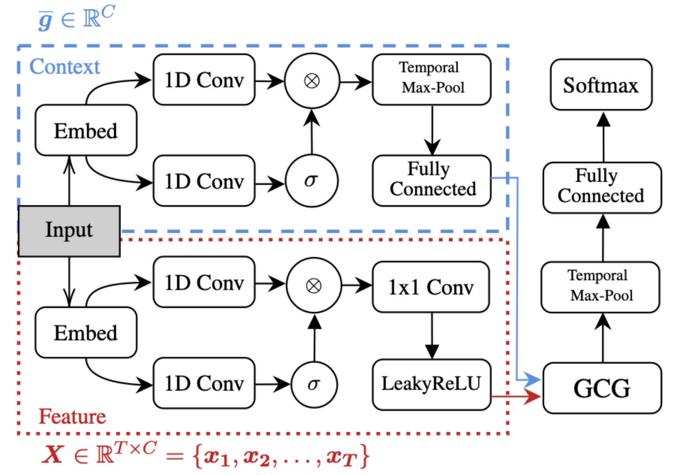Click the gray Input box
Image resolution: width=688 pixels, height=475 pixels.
pos(69,231)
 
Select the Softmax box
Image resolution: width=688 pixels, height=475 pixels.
pos(601,84)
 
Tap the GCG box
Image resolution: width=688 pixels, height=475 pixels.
pos(602,388)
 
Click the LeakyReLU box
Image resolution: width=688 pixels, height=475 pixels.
pos(432,384)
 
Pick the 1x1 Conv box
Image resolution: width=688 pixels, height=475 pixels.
pos(431,287)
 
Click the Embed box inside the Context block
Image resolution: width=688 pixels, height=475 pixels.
pos(86,130)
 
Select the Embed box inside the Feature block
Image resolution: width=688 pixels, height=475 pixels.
pos(86,332)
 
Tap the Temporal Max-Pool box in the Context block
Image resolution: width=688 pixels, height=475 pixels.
pos(432,80)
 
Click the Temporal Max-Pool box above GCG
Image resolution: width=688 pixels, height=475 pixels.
pos(600,287)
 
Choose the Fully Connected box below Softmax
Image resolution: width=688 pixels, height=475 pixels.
pos(602,187)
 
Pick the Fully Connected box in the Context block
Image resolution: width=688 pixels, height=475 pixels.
pos(432,181)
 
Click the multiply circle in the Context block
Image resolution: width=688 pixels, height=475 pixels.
pos(312,81)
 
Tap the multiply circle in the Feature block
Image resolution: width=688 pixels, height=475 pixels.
pos(314,286)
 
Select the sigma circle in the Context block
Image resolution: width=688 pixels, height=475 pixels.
pos(312,181)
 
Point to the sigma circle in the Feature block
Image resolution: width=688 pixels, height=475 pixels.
pos(314,384)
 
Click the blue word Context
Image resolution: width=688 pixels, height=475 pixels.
pos(65,66)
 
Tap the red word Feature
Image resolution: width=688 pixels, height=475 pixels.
pos(72,416)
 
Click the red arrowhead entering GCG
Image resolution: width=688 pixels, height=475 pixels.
pos(532,396)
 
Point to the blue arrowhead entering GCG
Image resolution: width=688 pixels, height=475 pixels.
pos(532,380)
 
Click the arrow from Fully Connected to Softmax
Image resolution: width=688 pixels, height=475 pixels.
pos(604,137)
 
